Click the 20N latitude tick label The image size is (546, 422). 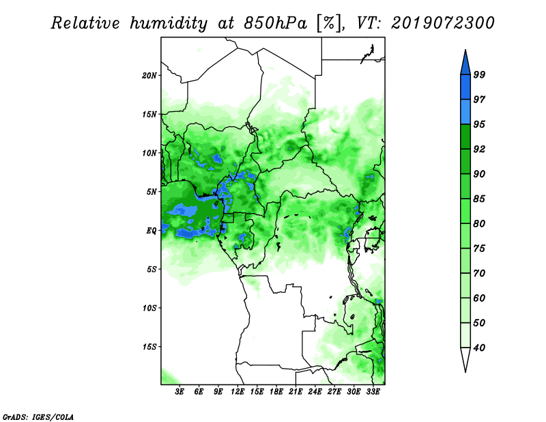149,76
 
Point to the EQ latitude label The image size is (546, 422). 152,231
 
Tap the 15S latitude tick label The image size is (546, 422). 149,347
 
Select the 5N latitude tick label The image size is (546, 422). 152,192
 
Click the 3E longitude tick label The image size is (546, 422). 179,392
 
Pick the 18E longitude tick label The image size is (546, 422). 276,392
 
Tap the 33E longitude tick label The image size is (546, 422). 373,392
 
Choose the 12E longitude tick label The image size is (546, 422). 238,392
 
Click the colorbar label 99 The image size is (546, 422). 479,74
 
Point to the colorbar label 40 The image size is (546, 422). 479,348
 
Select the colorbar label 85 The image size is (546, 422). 479,199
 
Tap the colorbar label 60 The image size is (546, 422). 479,298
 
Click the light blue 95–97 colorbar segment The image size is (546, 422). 465,112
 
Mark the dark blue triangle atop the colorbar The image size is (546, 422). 465,64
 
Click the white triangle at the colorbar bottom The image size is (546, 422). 465,359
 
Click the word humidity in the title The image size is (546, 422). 169,24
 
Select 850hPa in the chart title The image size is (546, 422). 276,23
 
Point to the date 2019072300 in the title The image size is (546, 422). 442,23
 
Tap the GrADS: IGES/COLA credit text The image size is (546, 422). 38,417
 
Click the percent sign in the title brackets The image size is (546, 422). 328,23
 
